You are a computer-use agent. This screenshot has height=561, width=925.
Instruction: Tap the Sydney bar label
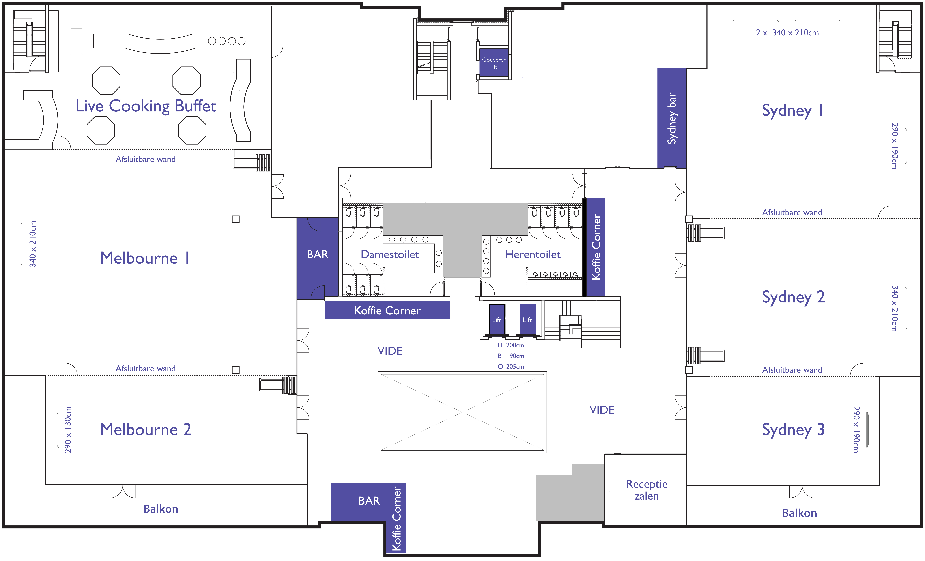[x=672, y=118]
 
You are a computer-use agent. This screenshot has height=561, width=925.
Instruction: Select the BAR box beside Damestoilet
[x=318, y=258]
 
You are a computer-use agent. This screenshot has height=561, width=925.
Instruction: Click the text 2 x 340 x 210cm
[x=787, y=33]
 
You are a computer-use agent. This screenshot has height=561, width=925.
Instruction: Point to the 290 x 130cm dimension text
[x=68, y=430]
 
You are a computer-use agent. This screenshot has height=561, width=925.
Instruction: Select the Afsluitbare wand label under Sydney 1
[x=792, y=213]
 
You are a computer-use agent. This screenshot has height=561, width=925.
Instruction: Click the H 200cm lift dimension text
[x=511, y=345]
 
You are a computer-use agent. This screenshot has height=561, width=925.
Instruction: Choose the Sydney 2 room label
[x=793, y=297]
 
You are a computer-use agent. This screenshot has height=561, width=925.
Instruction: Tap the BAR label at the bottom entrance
[x=369, y=501]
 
